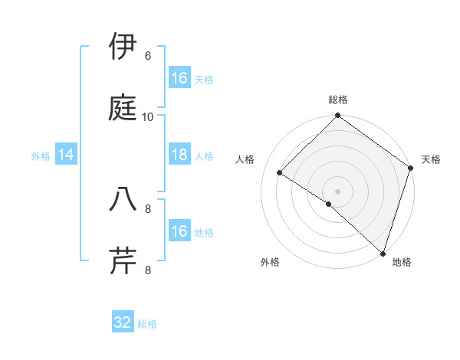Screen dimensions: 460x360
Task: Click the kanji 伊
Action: [x=123, y=47]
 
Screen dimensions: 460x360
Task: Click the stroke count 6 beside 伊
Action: [x=148, y=56]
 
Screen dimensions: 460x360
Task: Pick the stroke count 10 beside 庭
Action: [x=148, y=116]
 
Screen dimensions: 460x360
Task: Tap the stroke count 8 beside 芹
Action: [x=148, y=270]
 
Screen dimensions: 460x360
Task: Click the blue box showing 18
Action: [x=179, y=155]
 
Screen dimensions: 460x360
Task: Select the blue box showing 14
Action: [x=66, y=155]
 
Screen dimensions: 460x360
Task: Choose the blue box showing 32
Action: [x=123, y=322]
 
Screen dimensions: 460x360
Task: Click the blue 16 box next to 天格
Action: [x=179, y=78]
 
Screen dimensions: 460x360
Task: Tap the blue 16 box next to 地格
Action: [x=179, y=231]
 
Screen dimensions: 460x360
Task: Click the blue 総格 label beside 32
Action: [x=148, y=324]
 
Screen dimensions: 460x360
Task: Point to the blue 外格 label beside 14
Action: [x=41, y=156]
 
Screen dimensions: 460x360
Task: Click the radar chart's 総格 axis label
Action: [x=338, y=100]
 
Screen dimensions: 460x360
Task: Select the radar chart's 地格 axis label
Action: [x=402, y=262]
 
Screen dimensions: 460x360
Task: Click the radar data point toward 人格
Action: [x=281, y=173]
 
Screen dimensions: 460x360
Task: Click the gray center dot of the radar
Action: [x=338, y=191]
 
